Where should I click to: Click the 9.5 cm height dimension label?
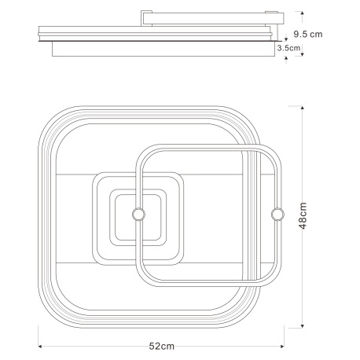tap(307, 35)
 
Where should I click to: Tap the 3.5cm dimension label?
tap(288, 48)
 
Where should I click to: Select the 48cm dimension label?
tap(303, 215)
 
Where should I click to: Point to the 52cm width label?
tap(162, 346)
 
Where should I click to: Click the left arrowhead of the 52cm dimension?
tap(40, 347)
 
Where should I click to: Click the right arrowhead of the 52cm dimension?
tap(282, 347)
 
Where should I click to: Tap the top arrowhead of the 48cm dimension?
tap(303, 108)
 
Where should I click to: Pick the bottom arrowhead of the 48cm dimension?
tap(303, 326)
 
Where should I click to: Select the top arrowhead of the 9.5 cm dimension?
tap(303, 13)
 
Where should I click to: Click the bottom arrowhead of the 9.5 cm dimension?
tap(302, 54)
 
